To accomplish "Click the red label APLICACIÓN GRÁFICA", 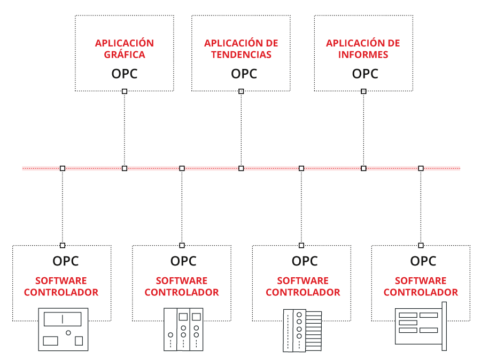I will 124,49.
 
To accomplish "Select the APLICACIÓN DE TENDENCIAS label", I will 241,49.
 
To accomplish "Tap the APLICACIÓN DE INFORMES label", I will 363,49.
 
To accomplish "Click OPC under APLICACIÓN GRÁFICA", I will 125,74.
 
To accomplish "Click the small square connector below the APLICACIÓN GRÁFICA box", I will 125,91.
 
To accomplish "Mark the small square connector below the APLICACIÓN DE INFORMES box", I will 363,91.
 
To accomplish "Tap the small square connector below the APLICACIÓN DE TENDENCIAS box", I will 241,91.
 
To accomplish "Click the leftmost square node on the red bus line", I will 63,168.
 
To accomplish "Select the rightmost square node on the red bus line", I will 421,168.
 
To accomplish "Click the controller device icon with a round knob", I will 63,329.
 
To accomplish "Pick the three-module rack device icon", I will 183,329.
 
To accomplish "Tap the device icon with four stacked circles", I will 302,330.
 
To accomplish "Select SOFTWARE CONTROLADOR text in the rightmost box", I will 421,286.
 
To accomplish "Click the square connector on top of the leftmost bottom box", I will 63,245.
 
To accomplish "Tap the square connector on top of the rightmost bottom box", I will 421,245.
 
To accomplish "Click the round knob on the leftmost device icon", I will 68,333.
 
